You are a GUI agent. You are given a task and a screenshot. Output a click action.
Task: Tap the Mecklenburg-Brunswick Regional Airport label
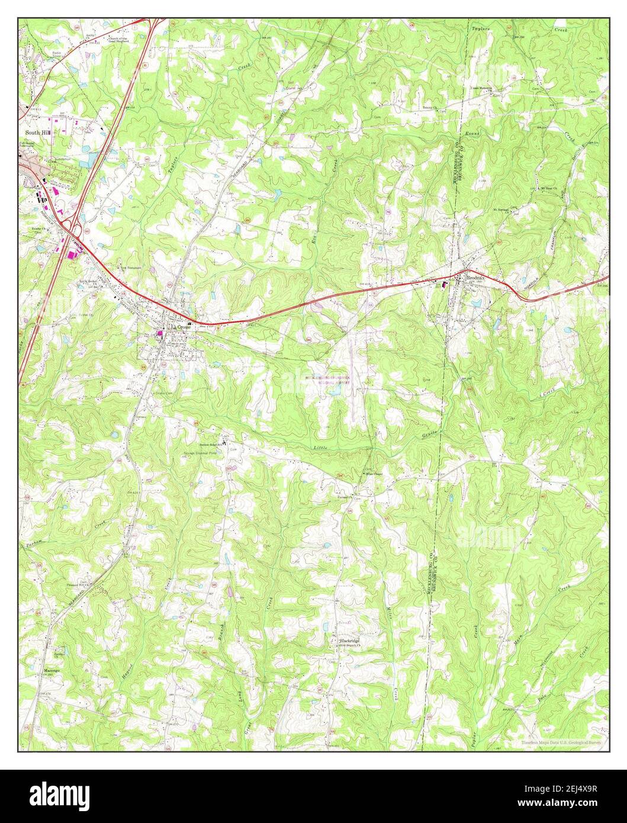(327, 380)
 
